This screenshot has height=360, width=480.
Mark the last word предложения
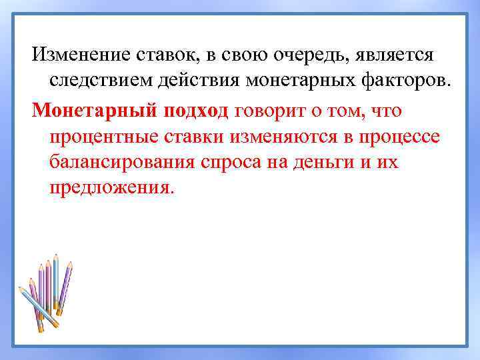[111, 188]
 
